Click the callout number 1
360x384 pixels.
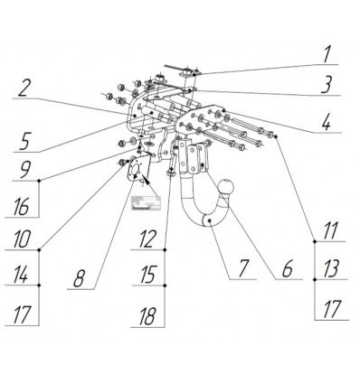click(x=327, y=54)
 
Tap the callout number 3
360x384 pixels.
click(x=327, y=85)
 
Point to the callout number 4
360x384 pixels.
click(x=326, y=123)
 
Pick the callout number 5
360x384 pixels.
click(x=24, y=141)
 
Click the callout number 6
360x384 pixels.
click(x=288, y=268)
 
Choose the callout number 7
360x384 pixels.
click(x=243, y=268)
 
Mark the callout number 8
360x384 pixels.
click(x=80, y=278)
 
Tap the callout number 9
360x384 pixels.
click(x=25, y=170)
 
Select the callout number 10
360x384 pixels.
click(x=22, y=239)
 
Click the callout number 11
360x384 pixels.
click(x=330, y=231)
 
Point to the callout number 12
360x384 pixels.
click(x=147, y=239)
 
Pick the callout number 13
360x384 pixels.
click(x=331, y=268)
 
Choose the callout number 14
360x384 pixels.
click(x=22, y=276)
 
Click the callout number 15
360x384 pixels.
click(x=147, y=276)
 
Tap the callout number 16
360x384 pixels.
click(x=21, y=207)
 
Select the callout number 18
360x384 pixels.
click(x=147, y=317)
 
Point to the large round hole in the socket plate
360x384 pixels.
click(x=135, y=170)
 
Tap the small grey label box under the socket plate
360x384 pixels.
click(x=146, y=202)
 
